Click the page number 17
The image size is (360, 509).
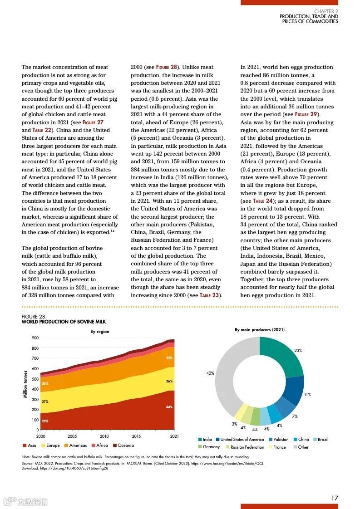tap(334, 498)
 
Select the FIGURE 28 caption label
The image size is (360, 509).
tap(34, 317)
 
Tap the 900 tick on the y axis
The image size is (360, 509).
tap(35, 338)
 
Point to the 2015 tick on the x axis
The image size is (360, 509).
tap(137, 436)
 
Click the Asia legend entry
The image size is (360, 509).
tap(29, 445)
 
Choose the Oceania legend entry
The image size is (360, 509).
tap(123, 445)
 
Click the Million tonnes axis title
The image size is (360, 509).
tap(25, 384)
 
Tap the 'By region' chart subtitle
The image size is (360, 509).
tap(99, 332)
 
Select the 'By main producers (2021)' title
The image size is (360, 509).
tap(260, 330)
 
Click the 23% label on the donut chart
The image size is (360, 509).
tap(298, 351)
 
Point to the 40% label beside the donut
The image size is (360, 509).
tap(210, 373)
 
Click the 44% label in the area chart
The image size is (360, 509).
tap(169, 407)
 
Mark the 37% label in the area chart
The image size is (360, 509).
tap(45, 402)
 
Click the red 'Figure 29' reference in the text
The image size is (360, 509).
tap(308, 114)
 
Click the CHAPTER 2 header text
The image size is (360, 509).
tap(326, 11)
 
